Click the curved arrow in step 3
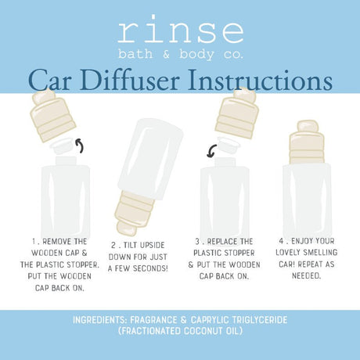tap(211, 152)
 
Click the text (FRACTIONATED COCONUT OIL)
tap(179, 332)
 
